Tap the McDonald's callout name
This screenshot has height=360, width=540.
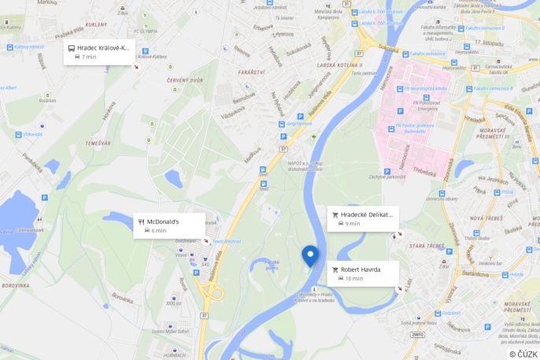click(x=164, y=221)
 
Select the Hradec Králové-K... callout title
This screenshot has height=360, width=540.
click(x=103, y=47)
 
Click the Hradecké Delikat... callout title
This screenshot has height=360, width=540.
click(x=366, y=214)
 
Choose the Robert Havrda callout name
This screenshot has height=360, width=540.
click(x=361, y=269)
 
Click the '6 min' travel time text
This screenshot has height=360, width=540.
click(x=158, y=231)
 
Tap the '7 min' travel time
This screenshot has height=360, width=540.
click(x=88, y=57)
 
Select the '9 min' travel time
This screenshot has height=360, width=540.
click(x=353, y=224)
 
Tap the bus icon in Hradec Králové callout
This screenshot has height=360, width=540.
click(x=72, y=47)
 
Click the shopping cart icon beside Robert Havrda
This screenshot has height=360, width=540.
click(x=335, y=269)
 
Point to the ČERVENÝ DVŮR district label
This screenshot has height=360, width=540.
click(x=186, y=80)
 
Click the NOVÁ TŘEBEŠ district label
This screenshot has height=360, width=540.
click(x=487, y=218)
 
